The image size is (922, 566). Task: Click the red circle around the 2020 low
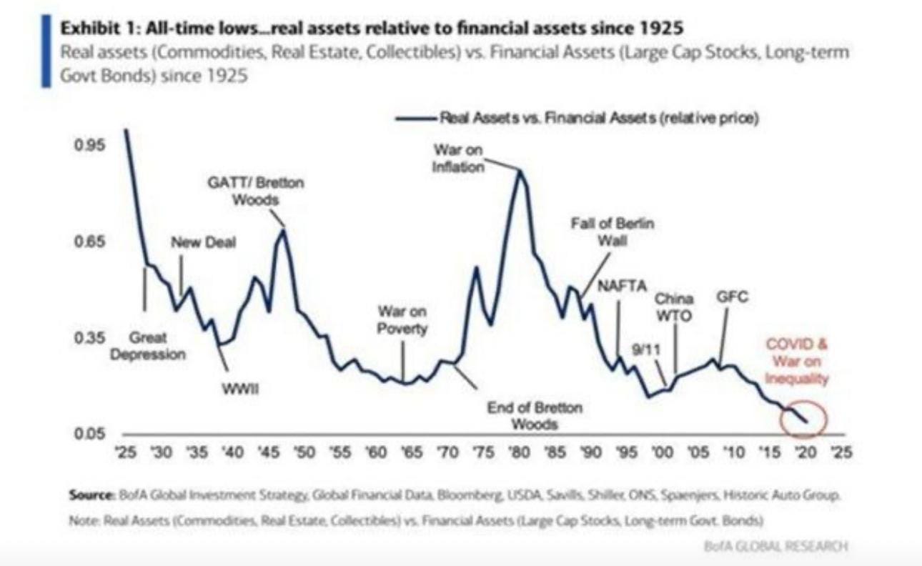click(803, 420)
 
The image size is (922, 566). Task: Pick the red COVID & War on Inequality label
click(798, 361)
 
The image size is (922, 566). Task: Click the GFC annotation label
click(732, 299)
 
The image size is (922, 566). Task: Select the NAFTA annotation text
click(622, 286)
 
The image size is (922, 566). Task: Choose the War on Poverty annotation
click(402, 320)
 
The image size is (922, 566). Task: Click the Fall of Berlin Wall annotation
click(613, 232)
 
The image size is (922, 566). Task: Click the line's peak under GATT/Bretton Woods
click(284, 229)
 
